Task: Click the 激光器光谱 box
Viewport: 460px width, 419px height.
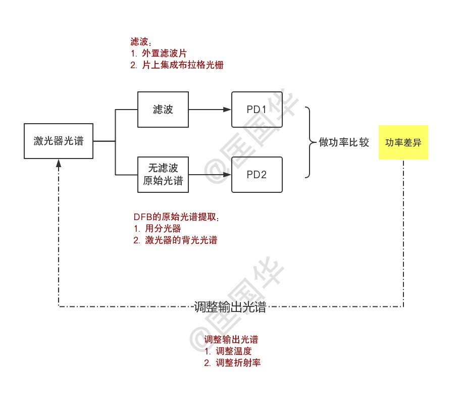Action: (x=59, y=141)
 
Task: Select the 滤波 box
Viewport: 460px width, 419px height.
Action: (x=163, y=110)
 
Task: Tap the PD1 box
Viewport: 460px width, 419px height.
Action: (x=257, y=110)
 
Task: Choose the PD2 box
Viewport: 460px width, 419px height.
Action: (x=257, y=175)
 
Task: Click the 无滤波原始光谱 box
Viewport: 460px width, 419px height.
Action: (x=163, y=175)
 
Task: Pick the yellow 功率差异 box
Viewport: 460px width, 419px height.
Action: (x=403, y=142)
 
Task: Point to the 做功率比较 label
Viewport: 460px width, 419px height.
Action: (x=344, y=142)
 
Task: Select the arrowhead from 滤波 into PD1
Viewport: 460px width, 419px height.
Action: (x=227, y=110)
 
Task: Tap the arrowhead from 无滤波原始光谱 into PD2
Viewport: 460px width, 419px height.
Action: (x=227, y=175)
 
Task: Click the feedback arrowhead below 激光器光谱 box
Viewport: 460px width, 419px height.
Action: (x=59, y=163)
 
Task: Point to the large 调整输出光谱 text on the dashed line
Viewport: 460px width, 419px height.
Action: (x=230, y=307)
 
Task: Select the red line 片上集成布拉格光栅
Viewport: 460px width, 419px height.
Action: (x=182, y=65)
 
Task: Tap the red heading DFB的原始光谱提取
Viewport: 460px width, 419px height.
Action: (x=177, y=217)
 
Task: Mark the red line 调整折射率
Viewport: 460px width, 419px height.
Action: (x=238, y=362)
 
